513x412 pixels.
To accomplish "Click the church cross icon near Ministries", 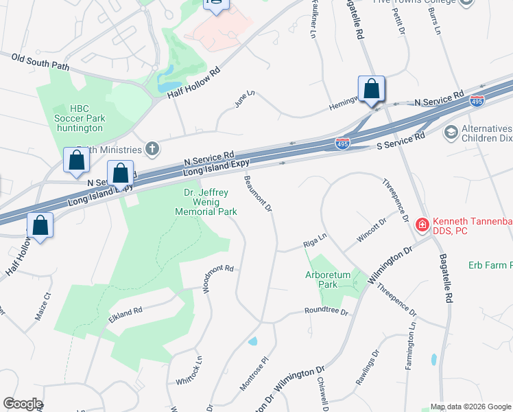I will click(x=152, y=149).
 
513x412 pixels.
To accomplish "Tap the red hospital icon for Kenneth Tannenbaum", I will click(x=422, y=224).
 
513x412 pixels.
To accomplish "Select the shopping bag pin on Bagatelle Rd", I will click(x=371, y=90).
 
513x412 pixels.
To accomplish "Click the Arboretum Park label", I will click(x=327, y=279).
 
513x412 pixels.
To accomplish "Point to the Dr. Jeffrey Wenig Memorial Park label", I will click(x=206, y=203).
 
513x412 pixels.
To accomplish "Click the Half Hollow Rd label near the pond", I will click(x=195, y=82).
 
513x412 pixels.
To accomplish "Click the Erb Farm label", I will click(x=490, y=265).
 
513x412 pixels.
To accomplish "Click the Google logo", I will click(x=23, y=404).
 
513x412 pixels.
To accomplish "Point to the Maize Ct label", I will click(x=43, y=307).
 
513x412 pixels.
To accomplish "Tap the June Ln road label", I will click(x=244, y=98).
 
